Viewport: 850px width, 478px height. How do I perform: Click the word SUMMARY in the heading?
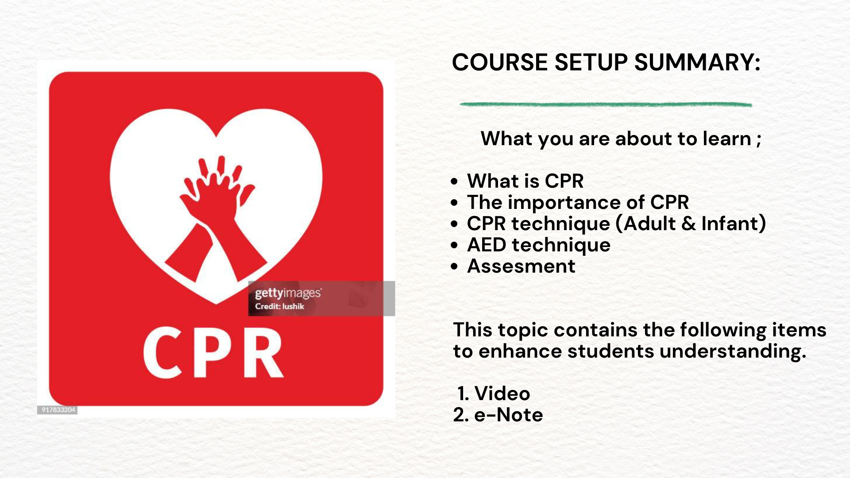coord(697,62)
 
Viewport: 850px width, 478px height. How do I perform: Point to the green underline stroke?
coord(606,104)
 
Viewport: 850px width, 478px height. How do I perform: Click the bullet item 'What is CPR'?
coord(525,181)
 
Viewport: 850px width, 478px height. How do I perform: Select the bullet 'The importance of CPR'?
coord(578,202)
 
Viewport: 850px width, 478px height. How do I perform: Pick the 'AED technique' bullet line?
coord(539,245)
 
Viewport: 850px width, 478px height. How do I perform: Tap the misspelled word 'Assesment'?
coord(521,266)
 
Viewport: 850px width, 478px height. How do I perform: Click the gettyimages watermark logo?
coord(288,293)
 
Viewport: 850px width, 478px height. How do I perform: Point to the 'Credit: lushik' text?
coord(279,306)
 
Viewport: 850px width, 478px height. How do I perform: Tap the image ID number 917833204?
coord(58,410)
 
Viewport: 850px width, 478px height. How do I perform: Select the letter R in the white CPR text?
coord(262,352)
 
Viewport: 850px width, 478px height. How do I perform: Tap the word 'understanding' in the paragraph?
coord(732,352)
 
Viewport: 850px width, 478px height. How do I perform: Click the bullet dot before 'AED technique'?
coord(454,246)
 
